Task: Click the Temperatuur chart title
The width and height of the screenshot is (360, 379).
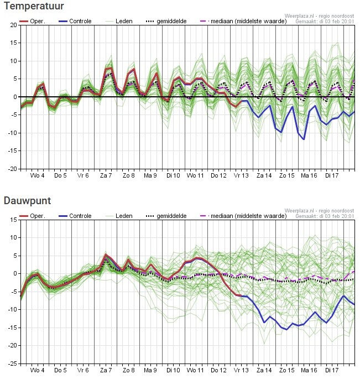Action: click(33, 7)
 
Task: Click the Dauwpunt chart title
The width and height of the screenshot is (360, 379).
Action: click(27, 200)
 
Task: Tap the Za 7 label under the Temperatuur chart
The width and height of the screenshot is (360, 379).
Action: click(106, 175)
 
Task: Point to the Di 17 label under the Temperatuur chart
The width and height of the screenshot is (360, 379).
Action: click(332, 175)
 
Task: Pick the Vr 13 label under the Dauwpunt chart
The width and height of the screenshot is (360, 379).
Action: click(241, 370)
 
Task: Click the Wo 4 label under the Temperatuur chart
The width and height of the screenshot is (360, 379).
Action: click(38, 175)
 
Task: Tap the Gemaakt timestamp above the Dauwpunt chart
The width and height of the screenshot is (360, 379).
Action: click(325, 216)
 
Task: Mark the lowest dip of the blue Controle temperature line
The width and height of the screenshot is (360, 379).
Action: click(304, 139)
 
